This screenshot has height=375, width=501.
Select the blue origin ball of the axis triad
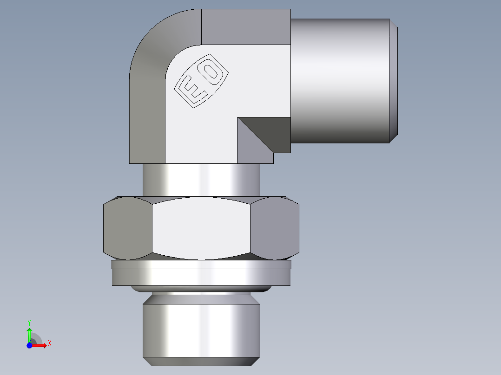coord(29,345)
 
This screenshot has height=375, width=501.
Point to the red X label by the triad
coord(49,343)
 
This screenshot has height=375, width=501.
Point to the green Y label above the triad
coord(29,322)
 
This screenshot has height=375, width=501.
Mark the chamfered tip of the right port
coord(393,81)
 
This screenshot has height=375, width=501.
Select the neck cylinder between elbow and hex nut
coord(201,180)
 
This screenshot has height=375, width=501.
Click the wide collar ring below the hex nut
coord(201,277)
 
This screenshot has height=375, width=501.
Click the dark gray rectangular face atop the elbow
coord(245,27)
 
